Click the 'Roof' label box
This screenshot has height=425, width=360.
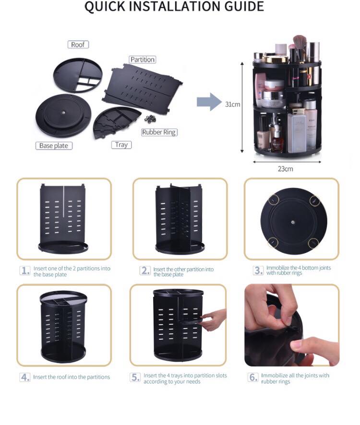click(x=78, y=45)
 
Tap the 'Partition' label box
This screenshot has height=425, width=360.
click(x=143, y=59)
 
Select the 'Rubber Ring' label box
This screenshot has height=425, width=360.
click(x=159, y=132)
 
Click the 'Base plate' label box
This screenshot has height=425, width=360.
click(x=54, y=145)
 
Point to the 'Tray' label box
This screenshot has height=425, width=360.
click(x=121, y=145)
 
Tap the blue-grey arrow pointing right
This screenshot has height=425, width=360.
click(x=209, y=102)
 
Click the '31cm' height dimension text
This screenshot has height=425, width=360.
click(x=232, y=105)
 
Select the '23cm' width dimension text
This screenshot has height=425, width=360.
click(x=286, y=169)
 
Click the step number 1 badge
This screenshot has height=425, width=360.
click(x=25, y=271)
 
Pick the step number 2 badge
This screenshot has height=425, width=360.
click(x=145, y=271)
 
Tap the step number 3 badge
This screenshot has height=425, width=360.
click(x=258, y=270)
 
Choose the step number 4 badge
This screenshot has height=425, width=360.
click(x=25, y=377)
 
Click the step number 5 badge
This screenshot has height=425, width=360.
click(x=135, y=377)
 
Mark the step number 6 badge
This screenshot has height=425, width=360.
click(x=253, y=377)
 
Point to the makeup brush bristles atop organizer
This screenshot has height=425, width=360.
click(x=300, y=41)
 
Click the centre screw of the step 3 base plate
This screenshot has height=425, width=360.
click(x=293, y=222)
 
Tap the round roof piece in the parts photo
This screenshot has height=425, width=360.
click(x=78, y=75)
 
